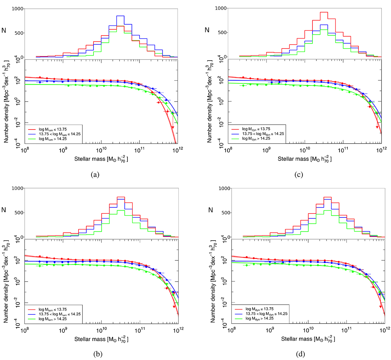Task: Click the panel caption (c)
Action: (x=298, y=174)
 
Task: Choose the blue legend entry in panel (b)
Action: (x=60, y=314)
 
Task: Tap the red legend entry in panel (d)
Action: (x=259, y=309)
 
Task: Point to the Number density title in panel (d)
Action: (x=213, y=282)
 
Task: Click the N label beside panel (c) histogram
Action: (x=207, y=30)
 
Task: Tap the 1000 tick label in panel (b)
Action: (x=18, y=188)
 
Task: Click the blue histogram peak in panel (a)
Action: (x=120, y=16)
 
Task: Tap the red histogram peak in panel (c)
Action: (x=324, y=12)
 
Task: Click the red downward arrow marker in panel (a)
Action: (x=173, y=127)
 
